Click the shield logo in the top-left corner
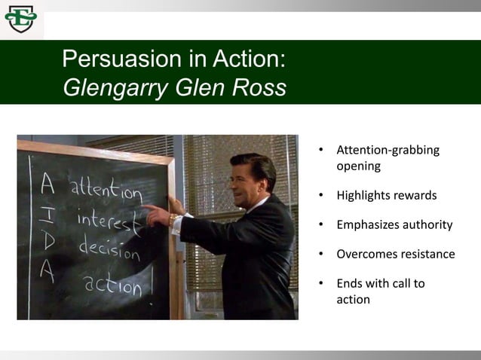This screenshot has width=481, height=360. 20,19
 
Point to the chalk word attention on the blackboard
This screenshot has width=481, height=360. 106,189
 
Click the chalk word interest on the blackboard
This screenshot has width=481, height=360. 109,221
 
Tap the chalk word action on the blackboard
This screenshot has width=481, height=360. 112,284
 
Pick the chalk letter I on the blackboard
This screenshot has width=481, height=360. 47,215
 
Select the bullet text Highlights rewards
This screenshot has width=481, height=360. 386,196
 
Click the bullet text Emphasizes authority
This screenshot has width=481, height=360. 394,224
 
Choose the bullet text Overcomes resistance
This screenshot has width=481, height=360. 395,254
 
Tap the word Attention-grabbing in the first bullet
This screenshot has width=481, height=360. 388,150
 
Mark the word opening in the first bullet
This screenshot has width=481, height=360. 358,166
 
